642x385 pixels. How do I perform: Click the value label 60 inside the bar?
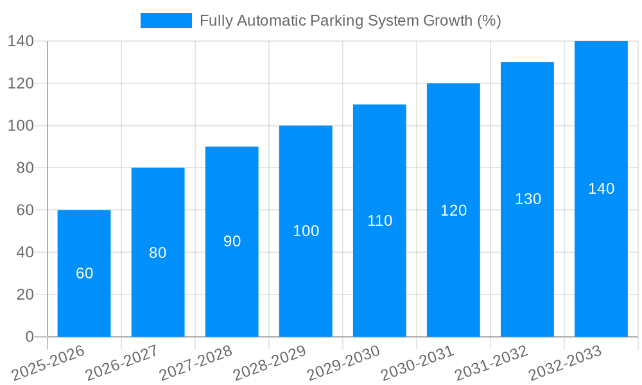pos(84,273)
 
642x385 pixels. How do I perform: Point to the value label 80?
pos(158,253)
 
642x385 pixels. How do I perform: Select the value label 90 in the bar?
pos(232,241)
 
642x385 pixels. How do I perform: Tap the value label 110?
pos(379,221)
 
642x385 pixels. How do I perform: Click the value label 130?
pos(528,199)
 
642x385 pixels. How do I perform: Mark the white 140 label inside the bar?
pos(601,189)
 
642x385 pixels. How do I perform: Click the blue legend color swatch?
pos(166,21)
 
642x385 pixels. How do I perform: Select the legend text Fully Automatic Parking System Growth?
pos(350,21)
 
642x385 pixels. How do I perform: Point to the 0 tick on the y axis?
pos(29,337)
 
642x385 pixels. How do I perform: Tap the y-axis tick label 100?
pos(21,126)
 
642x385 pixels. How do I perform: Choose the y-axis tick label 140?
pos(21,41)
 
